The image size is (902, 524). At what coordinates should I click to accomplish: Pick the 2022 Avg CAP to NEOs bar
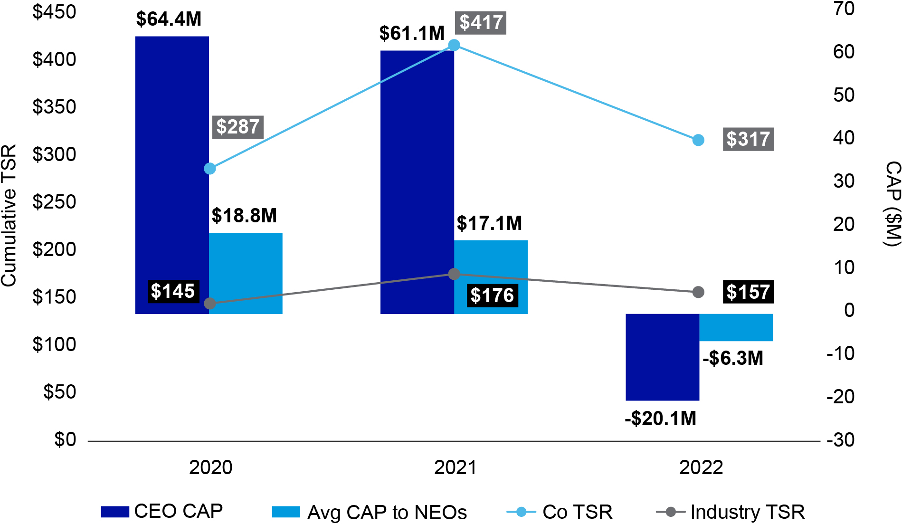(x=736, y=327)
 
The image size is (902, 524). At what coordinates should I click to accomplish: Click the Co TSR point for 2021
(x=454, y=45)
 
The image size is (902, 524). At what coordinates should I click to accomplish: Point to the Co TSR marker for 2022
(x=698, y=140)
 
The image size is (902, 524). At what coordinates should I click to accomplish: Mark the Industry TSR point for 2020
(x=209, y=304)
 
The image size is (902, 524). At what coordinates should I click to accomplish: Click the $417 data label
(x=481, y=23)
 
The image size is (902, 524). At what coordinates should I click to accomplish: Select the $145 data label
(x=172, y=291)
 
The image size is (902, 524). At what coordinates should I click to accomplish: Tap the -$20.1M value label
(x=660, y=419)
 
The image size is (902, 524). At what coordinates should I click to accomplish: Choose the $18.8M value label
(x=244, y=216)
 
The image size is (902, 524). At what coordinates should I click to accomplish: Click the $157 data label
(x=748, y=292)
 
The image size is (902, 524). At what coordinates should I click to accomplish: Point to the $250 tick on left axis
(x=54, y=202)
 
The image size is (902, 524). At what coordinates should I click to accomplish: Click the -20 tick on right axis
(x=840, y=397)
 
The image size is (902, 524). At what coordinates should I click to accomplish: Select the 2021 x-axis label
(x=455, y=467)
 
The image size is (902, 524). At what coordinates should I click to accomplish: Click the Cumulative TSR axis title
(x=9, y=216)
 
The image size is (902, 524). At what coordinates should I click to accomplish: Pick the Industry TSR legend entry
(x=731, y=512)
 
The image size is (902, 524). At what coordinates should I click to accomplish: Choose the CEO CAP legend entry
(x=162, y=512)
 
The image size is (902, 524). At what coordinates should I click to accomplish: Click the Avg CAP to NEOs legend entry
(x=369, y=512)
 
